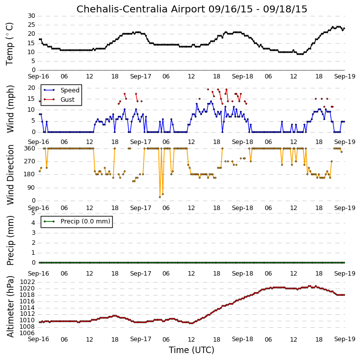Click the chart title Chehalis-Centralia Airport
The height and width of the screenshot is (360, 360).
(x=141, y=9)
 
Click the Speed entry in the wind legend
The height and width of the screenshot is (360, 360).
(x=70, y=90)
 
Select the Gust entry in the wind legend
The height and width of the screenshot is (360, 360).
(x=68, y=100)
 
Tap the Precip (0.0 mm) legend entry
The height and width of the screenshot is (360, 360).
(x=85, y=221)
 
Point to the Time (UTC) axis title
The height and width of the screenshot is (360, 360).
(x=192, y=350)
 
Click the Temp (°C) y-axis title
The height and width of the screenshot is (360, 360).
(x=9, y=44)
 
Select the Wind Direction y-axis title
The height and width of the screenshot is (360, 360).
(x=10, y=175)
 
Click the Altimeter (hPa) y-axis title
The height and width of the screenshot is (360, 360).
(x=10, y=307)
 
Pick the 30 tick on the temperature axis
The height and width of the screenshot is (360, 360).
(x=31, y=16)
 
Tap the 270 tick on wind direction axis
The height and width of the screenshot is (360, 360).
(x=30, y=161)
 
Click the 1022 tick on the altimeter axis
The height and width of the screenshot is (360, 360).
(x=27, y=282)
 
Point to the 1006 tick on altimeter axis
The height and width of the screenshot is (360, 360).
(x=27, y=333)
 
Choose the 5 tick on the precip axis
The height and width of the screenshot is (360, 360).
(x=33, y=213)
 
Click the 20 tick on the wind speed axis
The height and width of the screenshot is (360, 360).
(x=31, y=88)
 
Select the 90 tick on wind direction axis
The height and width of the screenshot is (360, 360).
(x=31, y=188)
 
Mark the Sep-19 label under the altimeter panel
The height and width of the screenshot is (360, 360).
(x=345, y=339)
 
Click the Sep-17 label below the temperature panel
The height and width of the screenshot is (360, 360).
(x=141, y=76)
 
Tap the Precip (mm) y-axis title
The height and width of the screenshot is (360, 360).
(x=10, y=241)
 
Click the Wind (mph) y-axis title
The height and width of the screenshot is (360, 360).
(x=10, y=109)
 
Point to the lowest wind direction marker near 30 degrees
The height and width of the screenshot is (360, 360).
(x=160, y=197)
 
